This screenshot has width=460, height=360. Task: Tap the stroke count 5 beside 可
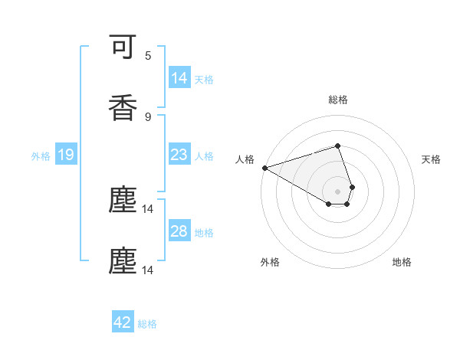coord(148,56)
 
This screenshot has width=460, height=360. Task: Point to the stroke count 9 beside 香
coord(148,116)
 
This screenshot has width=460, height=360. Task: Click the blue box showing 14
coord(179,78)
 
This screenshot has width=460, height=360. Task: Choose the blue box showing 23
coord(179,155)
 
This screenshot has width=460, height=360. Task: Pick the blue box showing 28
coord(179,231)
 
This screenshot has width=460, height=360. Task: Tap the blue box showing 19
coord(66,155)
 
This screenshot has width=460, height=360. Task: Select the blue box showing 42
coord(123,322)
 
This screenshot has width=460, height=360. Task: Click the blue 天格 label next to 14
coord(204,79)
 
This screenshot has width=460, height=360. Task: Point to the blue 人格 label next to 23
coord(204,155)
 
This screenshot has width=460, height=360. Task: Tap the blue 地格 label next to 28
coord(204,232)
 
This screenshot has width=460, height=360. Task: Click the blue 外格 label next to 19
coord(41,155)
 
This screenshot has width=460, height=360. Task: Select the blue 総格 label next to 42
coord(147,323)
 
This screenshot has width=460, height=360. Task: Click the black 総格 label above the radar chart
coord(337,100)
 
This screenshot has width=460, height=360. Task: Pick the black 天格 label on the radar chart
coord(432,159)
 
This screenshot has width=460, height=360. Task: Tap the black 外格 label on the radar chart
coord(270,262)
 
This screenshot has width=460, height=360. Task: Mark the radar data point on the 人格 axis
coord(264,168)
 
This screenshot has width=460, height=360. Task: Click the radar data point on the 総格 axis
coord(337,146)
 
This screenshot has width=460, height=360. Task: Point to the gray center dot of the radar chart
coord(337,191)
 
